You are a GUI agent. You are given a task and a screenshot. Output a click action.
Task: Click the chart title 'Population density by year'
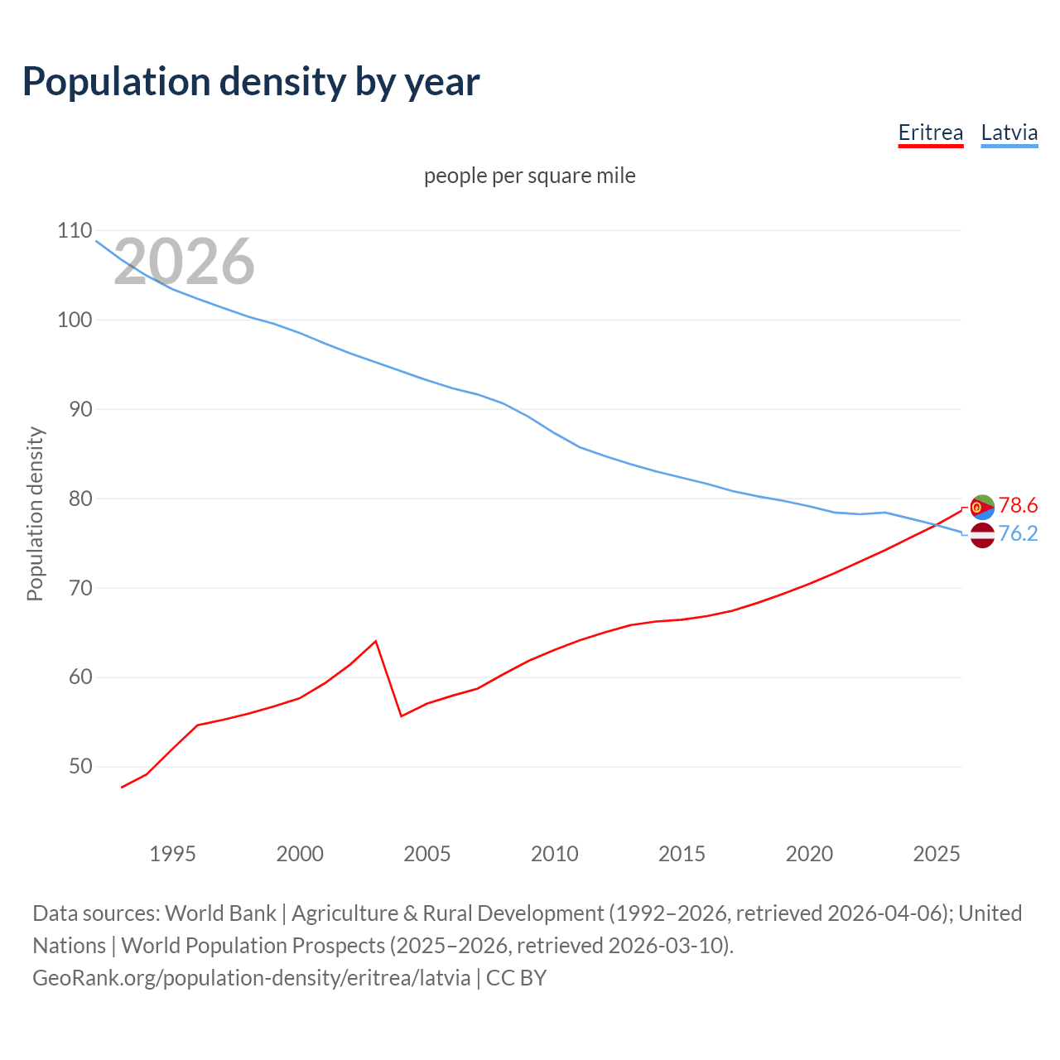pyautogui.click(x=251, y=82)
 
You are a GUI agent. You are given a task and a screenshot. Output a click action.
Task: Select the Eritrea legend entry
pyautogui.click(x=931, y=132)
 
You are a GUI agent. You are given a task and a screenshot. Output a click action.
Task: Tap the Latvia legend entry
pyautogui.click(x=1009, y=132)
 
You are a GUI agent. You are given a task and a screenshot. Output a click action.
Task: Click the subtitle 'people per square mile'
pyautogui.click(x=530, y=176)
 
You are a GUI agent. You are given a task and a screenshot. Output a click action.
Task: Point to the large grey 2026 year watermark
pyautogui.click(x=184, y=262)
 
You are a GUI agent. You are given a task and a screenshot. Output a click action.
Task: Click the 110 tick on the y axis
pyautogui.click(x=75, y=230)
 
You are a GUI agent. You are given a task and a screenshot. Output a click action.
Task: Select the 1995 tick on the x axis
pyautogui.click(x=172, y=854)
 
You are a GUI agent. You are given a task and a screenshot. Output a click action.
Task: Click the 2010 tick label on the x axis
pyautogui.click(x=554, y=854)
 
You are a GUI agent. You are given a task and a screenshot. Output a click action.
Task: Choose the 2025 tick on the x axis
pyautogui.click(x=936, y=854)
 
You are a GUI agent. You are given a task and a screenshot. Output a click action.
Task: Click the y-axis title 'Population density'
pyautogui.click(x=35, y=513)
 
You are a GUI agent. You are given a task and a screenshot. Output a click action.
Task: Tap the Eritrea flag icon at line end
pyautogui.click(x=982, y=507)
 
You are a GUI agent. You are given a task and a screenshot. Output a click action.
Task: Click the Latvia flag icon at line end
pyautogui.click(x=982, y=535)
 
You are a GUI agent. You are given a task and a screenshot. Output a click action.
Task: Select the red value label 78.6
pyautogui.click(x=1018, y=505)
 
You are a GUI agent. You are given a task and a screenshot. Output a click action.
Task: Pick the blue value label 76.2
pyautogui.click(x=1018, y=534)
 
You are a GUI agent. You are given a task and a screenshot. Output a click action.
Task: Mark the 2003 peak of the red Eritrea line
pyautogui.click(x=376, y=641)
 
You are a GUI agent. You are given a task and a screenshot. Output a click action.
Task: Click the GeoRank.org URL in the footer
pyautogui.click(x=252, y=977)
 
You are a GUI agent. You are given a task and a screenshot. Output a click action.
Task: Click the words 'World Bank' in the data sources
pyautogui.click(x=220, y=913)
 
